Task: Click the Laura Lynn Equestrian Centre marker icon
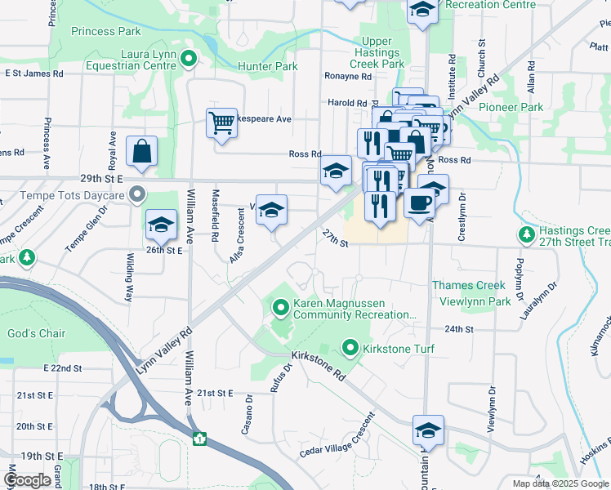[x=190, y=58]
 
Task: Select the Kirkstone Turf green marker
[x=351, y=349]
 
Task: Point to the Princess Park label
[x=105, y=31]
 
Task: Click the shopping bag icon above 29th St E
[x=141, y=151]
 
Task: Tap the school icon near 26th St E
[x=161, y=224]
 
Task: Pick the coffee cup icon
[x=420, y=203]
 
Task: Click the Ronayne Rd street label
[x=348, y=77]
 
